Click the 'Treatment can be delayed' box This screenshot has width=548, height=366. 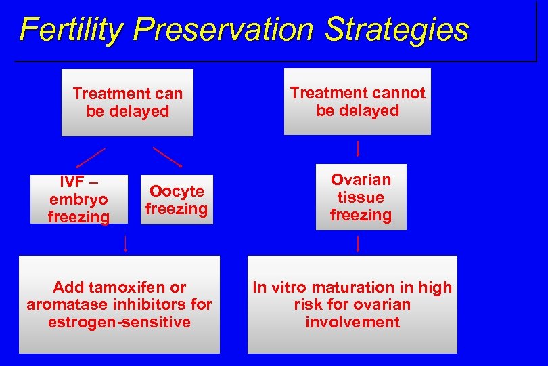(127, 102)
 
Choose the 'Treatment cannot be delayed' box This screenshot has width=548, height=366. (357, 102)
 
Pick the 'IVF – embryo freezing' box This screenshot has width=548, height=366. (79, 199)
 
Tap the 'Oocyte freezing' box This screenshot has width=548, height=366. (176, 200)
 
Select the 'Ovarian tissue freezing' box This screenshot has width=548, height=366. (361, 197)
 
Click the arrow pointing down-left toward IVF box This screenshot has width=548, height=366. (90, 157)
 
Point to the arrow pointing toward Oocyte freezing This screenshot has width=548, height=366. (168, 157)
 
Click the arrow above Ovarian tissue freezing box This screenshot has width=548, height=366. (358, 148)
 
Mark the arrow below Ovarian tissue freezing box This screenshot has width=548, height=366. (358, 243)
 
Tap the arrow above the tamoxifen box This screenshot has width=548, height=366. (126, 243)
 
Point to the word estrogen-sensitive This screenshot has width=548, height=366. (119, 322)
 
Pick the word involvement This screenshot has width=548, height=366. (352, 322)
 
